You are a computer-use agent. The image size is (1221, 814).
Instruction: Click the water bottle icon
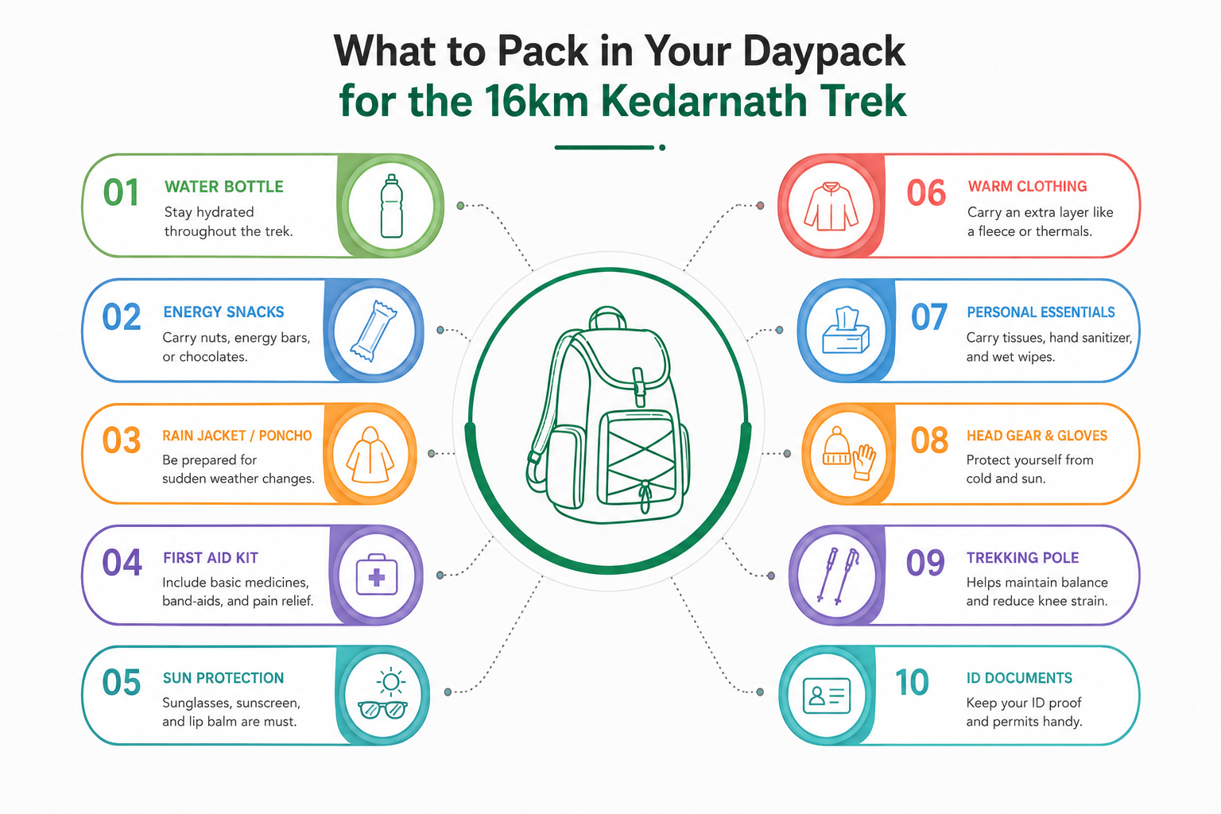(391, 206)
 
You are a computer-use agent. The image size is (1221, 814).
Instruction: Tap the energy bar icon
(374, 331)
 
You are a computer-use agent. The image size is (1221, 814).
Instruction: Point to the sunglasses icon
(382, 709)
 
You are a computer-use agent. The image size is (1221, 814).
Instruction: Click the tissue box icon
(846, 331)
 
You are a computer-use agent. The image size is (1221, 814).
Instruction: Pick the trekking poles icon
(837, 576)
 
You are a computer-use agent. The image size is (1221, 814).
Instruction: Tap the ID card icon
(827, 696)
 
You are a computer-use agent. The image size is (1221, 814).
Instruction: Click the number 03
(122, 440)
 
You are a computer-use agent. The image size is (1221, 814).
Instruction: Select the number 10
(912, 682)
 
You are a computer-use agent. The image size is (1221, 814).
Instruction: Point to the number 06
(926, 193)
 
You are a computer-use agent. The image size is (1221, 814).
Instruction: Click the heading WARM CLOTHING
(1028, 187)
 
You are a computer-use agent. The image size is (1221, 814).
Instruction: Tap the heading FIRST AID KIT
(211, 558)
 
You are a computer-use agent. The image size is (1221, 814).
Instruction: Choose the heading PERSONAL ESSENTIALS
(1041, 312)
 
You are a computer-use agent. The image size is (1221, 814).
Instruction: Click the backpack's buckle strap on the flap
(639, 386)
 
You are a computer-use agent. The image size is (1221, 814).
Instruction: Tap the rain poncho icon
(370, 455)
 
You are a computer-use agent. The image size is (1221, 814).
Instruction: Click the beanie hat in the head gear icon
(835, 445)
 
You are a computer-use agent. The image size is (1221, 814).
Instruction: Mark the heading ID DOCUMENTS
(1019, 678)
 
